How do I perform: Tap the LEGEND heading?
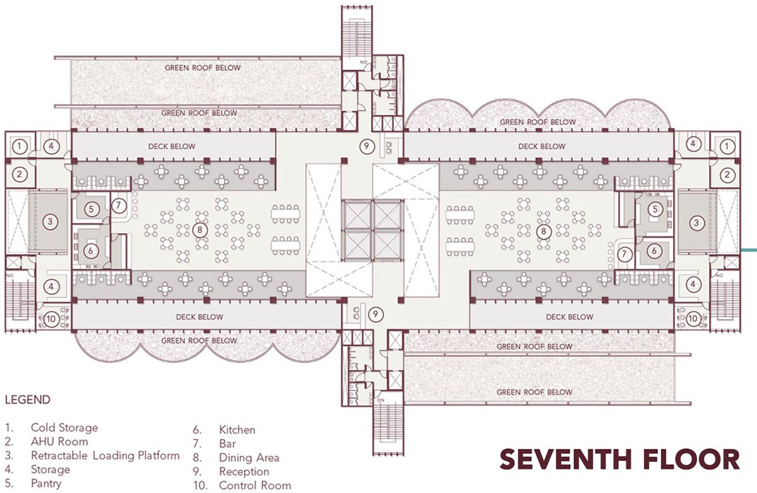28,400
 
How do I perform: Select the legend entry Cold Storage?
64,427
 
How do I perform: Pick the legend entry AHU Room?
59,441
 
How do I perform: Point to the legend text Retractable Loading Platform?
105,456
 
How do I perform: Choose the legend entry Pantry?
46,483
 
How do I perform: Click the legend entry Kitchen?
237,430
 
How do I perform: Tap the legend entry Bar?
228,444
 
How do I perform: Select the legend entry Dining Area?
249,458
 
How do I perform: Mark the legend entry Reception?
244,472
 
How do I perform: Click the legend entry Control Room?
255,485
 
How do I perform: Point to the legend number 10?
201,485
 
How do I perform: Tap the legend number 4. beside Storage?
9,470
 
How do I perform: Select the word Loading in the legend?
114,456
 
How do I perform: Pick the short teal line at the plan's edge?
749,250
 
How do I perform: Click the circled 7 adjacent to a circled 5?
119,206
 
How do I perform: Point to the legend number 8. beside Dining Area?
197,458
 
